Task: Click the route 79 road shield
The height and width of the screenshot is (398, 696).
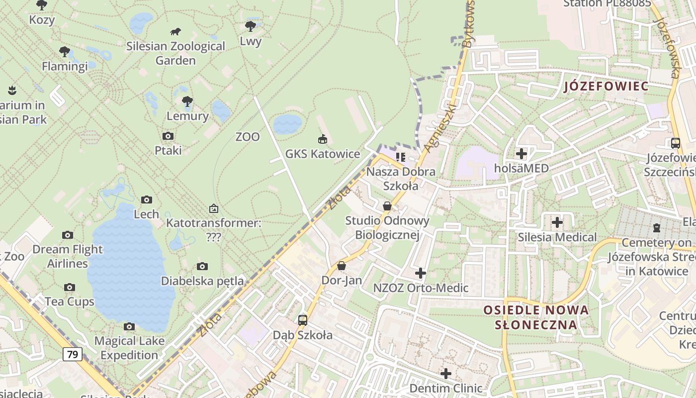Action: [73, 355]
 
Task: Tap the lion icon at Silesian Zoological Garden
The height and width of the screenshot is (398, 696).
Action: [175, 32]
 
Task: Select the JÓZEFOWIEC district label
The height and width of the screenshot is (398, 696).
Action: [607, 86]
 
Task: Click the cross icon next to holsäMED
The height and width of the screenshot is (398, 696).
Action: [521, 154]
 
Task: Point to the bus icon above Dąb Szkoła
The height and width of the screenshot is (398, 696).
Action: [302, 320]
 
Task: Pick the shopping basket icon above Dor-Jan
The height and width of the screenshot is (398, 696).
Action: [342, 266]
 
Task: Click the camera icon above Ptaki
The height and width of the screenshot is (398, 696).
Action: [168, 136]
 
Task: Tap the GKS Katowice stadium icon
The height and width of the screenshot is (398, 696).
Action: [322, 139]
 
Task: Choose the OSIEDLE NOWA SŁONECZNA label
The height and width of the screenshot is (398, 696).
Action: [536, 317]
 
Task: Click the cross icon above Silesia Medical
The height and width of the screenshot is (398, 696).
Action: [557, 222]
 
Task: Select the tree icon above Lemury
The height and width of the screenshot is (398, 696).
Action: [187, 101]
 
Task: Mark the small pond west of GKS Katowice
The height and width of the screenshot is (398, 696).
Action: [287, 124]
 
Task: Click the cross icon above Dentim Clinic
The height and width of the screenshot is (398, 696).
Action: [446, 373]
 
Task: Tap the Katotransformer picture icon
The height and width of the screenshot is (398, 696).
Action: [214, 208]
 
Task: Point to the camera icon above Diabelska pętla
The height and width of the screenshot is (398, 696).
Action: [202, 266]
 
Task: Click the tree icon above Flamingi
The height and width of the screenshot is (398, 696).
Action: [64, 51]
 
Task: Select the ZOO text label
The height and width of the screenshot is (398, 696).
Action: [248, 137]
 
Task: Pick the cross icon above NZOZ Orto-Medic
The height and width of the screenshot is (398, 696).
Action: [421, 273]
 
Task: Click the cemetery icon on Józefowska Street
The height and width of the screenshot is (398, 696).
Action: [657, 228]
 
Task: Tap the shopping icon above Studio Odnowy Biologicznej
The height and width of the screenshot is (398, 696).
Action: [387, 205]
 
